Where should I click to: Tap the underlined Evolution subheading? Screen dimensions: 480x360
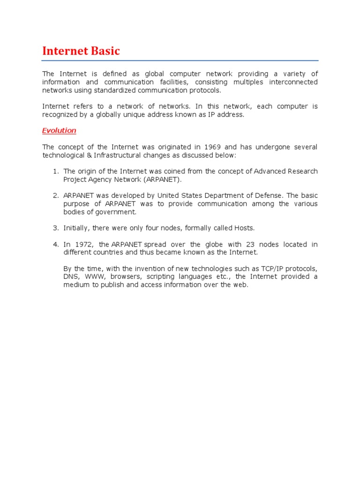(59, 130)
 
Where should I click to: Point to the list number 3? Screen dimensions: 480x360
(55, 228)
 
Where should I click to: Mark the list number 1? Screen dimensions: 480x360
(55, 171)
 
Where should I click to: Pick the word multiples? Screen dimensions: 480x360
(260, 82)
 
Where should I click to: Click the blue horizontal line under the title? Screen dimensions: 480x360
(180, 60)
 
